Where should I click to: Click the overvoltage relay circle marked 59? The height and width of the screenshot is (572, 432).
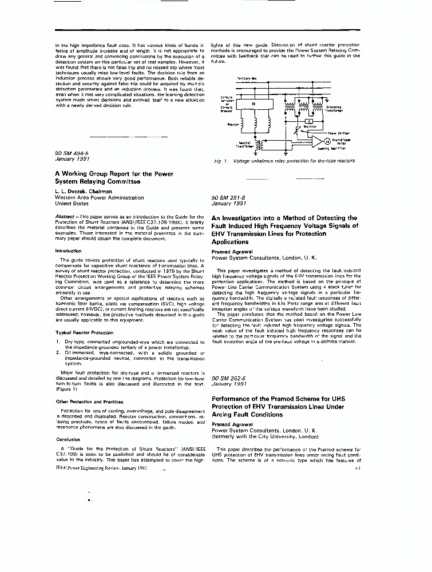(x=327, y=141)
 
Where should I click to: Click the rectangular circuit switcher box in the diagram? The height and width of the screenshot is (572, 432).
(x=253, y=104)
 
